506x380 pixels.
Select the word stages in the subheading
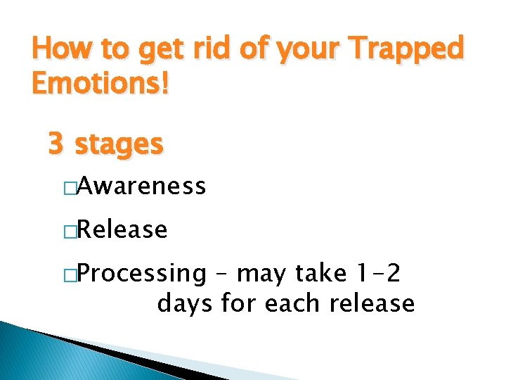pyautogui.click(x=119, y=145)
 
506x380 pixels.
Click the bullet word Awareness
pyautogui.click(x=141, y=186)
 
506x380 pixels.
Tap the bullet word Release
pyautogui.click(x=122, y=229)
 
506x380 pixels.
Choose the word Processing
pyautogui.click(x=141, y=273)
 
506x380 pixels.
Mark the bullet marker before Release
pyautogui.click(x=69, y=230)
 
